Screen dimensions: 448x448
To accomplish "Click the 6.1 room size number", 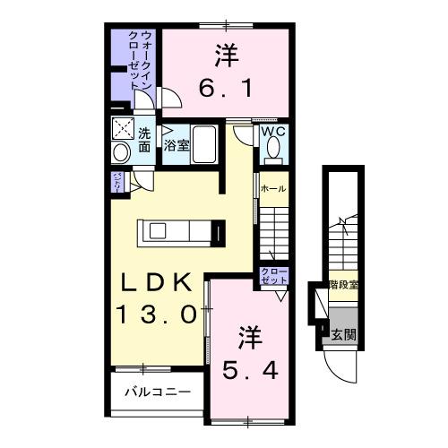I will pos(226,88).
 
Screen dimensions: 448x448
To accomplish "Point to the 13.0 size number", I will pos(156,314).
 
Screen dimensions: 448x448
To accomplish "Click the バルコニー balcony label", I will pos(157,392).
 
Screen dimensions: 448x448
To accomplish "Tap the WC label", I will pos(272,132).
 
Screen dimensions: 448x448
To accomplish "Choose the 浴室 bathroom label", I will pos(177,144).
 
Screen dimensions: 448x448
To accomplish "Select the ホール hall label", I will pos(273,190).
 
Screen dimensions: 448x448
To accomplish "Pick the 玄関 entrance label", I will pos(343,335).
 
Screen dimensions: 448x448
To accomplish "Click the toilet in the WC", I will pos(272,154).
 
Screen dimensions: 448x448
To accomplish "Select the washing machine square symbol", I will pos(123,129).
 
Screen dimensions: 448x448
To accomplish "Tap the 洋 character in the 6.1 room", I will pos(226,55).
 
